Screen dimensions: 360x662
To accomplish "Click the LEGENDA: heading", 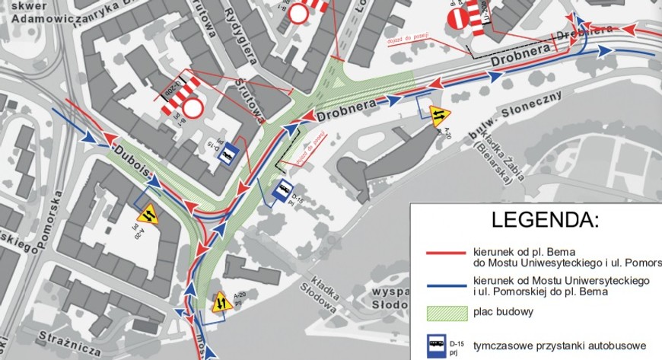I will tap(545, 221).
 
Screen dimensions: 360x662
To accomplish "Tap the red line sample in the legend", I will tap(444, 253).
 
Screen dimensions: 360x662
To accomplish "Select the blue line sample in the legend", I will tap(444, 285).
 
